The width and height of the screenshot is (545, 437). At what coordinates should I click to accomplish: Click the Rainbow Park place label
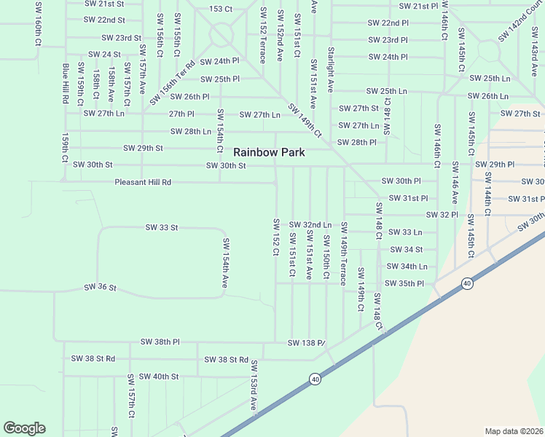(268, 153)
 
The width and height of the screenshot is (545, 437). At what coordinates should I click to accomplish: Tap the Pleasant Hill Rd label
(143, 182)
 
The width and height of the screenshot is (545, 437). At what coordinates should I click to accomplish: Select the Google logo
(24, 428)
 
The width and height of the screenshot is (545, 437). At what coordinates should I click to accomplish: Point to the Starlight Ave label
(331, 70)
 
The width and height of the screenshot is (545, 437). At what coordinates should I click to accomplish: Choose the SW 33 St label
(162, 228)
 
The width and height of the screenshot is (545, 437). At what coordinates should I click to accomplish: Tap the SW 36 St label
(101, 288)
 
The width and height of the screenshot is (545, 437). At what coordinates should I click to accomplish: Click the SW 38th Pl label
(161, 342)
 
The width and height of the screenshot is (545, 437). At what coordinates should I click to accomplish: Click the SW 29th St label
(143, 148)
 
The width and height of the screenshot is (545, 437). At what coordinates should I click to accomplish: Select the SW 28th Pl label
(358, 142)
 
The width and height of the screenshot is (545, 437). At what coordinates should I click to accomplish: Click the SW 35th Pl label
(404, 283)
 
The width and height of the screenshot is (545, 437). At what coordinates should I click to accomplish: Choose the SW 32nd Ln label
(310, 225)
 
